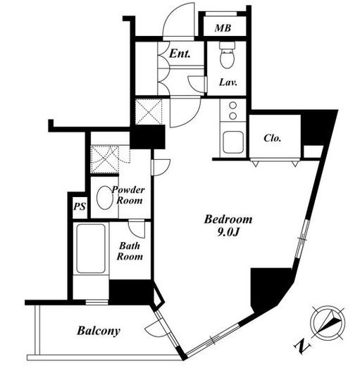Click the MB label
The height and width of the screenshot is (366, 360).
(x=223, y=28)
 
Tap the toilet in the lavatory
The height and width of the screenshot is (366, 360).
(x=227, y=55)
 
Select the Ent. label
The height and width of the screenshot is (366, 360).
(x=180, y=53)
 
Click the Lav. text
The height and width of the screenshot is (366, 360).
(x=228, y=82)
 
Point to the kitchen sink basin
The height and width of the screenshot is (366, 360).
(x=232, y=142)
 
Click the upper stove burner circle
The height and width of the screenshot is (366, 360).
(x=232, y=106)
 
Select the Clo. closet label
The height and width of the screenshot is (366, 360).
(x=273, y=138)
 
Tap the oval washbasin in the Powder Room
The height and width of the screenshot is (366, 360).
(x=105, y=198)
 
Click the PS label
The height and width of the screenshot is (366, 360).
(x=80, y=206)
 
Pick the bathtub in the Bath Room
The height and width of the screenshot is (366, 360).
(x=91, y=248)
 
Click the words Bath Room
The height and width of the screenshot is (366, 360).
(x=130, y=251)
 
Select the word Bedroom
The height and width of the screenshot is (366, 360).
(x=228, y=220)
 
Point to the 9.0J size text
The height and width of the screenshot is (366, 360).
(x=228, y=232)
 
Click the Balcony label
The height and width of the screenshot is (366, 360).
(x=99, y=331)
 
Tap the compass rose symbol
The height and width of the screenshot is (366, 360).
(x=328, y=322)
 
